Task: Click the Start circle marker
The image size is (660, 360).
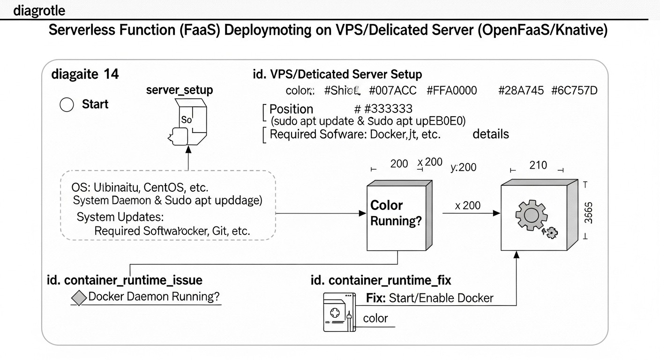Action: (x=67, y=105)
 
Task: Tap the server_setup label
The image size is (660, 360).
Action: (x=180, y=90)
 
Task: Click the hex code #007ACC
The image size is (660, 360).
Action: (x=392, y=90)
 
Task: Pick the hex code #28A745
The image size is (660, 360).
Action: (x=520, y=90)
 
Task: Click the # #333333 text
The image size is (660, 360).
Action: (x=383, y=109)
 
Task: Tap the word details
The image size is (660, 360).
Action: (x=490, y=134)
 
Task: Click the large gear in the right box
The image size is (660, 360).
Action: (x=531, y=215)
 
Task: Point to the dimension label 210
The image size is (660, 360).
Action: (x=538, y=165)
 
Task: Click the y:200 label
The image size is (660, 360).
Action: (x=463, y=167)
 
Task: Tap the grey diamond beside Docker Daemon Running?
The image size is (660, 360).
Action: (x=80, y=298)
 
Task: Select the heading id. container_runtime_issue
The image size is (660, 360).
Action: (x=125, y=280)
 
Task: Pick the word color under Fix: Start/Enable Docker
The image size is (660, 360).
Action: (x=375, y=318)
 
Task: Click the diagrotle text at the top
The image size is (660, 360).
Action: (x=39, y=10)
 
